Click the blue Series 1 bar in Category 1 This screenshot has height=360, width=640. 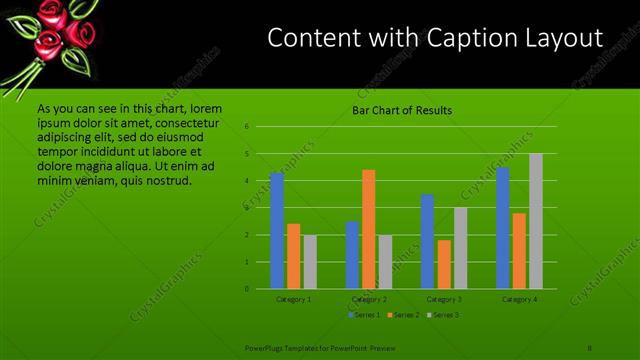click(277, 230)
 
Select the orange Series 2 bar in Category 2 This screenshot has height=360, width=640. click(368, 229)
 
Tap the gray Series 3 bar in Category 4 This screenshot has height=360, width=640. click(535, 221)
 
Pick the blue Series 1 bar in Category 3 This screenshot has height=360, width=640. click(427, 241)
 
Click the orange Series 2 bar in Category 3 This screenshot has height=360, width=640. click(443, 264)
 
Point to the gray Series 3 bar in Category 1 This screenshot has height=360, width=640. click(310, 262)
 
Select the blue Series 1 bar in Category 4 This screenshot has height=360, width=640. click(502, 228)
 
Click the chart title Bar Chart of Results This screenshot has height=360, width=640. click(402, 110)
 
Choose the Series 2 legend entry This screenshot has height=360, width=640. click(402, 315)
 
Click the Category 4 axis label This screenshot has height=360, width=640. click(519, 299)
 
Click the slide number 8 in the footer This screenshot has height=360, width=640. click(590, 347)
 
